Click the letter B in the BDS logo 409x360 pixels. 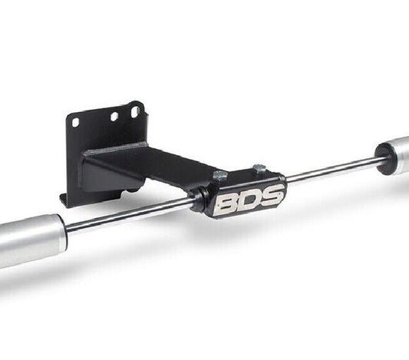pyautogui.click(x=227, y=203)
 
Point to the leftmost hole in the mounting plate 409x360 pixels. pyautogui.click(x=75, y=121)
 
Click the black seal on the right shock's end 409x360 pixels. pyautogui.click(x=384, y=157)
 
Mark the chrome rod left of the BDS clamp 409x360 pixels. pyautogui.click(x=130, y=216)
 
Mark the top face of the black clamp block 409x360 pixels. pyautogui.click(x=242, y=178)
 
